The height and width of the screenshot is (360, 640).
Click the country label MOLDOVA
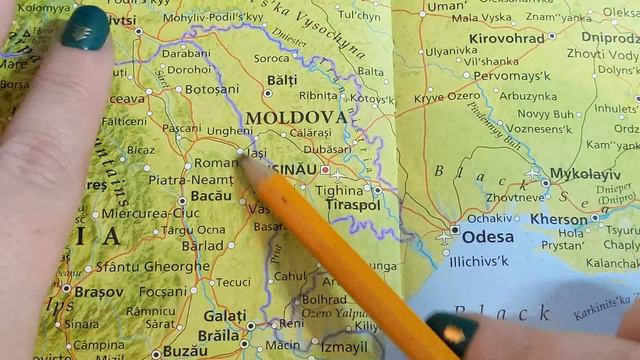297,117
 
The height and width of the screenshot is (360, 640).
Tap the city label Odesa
482,231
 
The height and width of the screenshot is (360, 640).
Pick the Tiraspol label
348,205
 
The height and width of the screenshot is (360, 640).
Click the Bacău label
210,197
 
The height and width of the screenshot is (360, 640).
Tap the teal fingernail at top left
85,27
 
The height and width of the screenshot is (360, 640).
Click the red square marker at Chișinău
324,170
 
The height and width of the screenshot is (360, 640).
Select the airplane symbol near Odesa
444,237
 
